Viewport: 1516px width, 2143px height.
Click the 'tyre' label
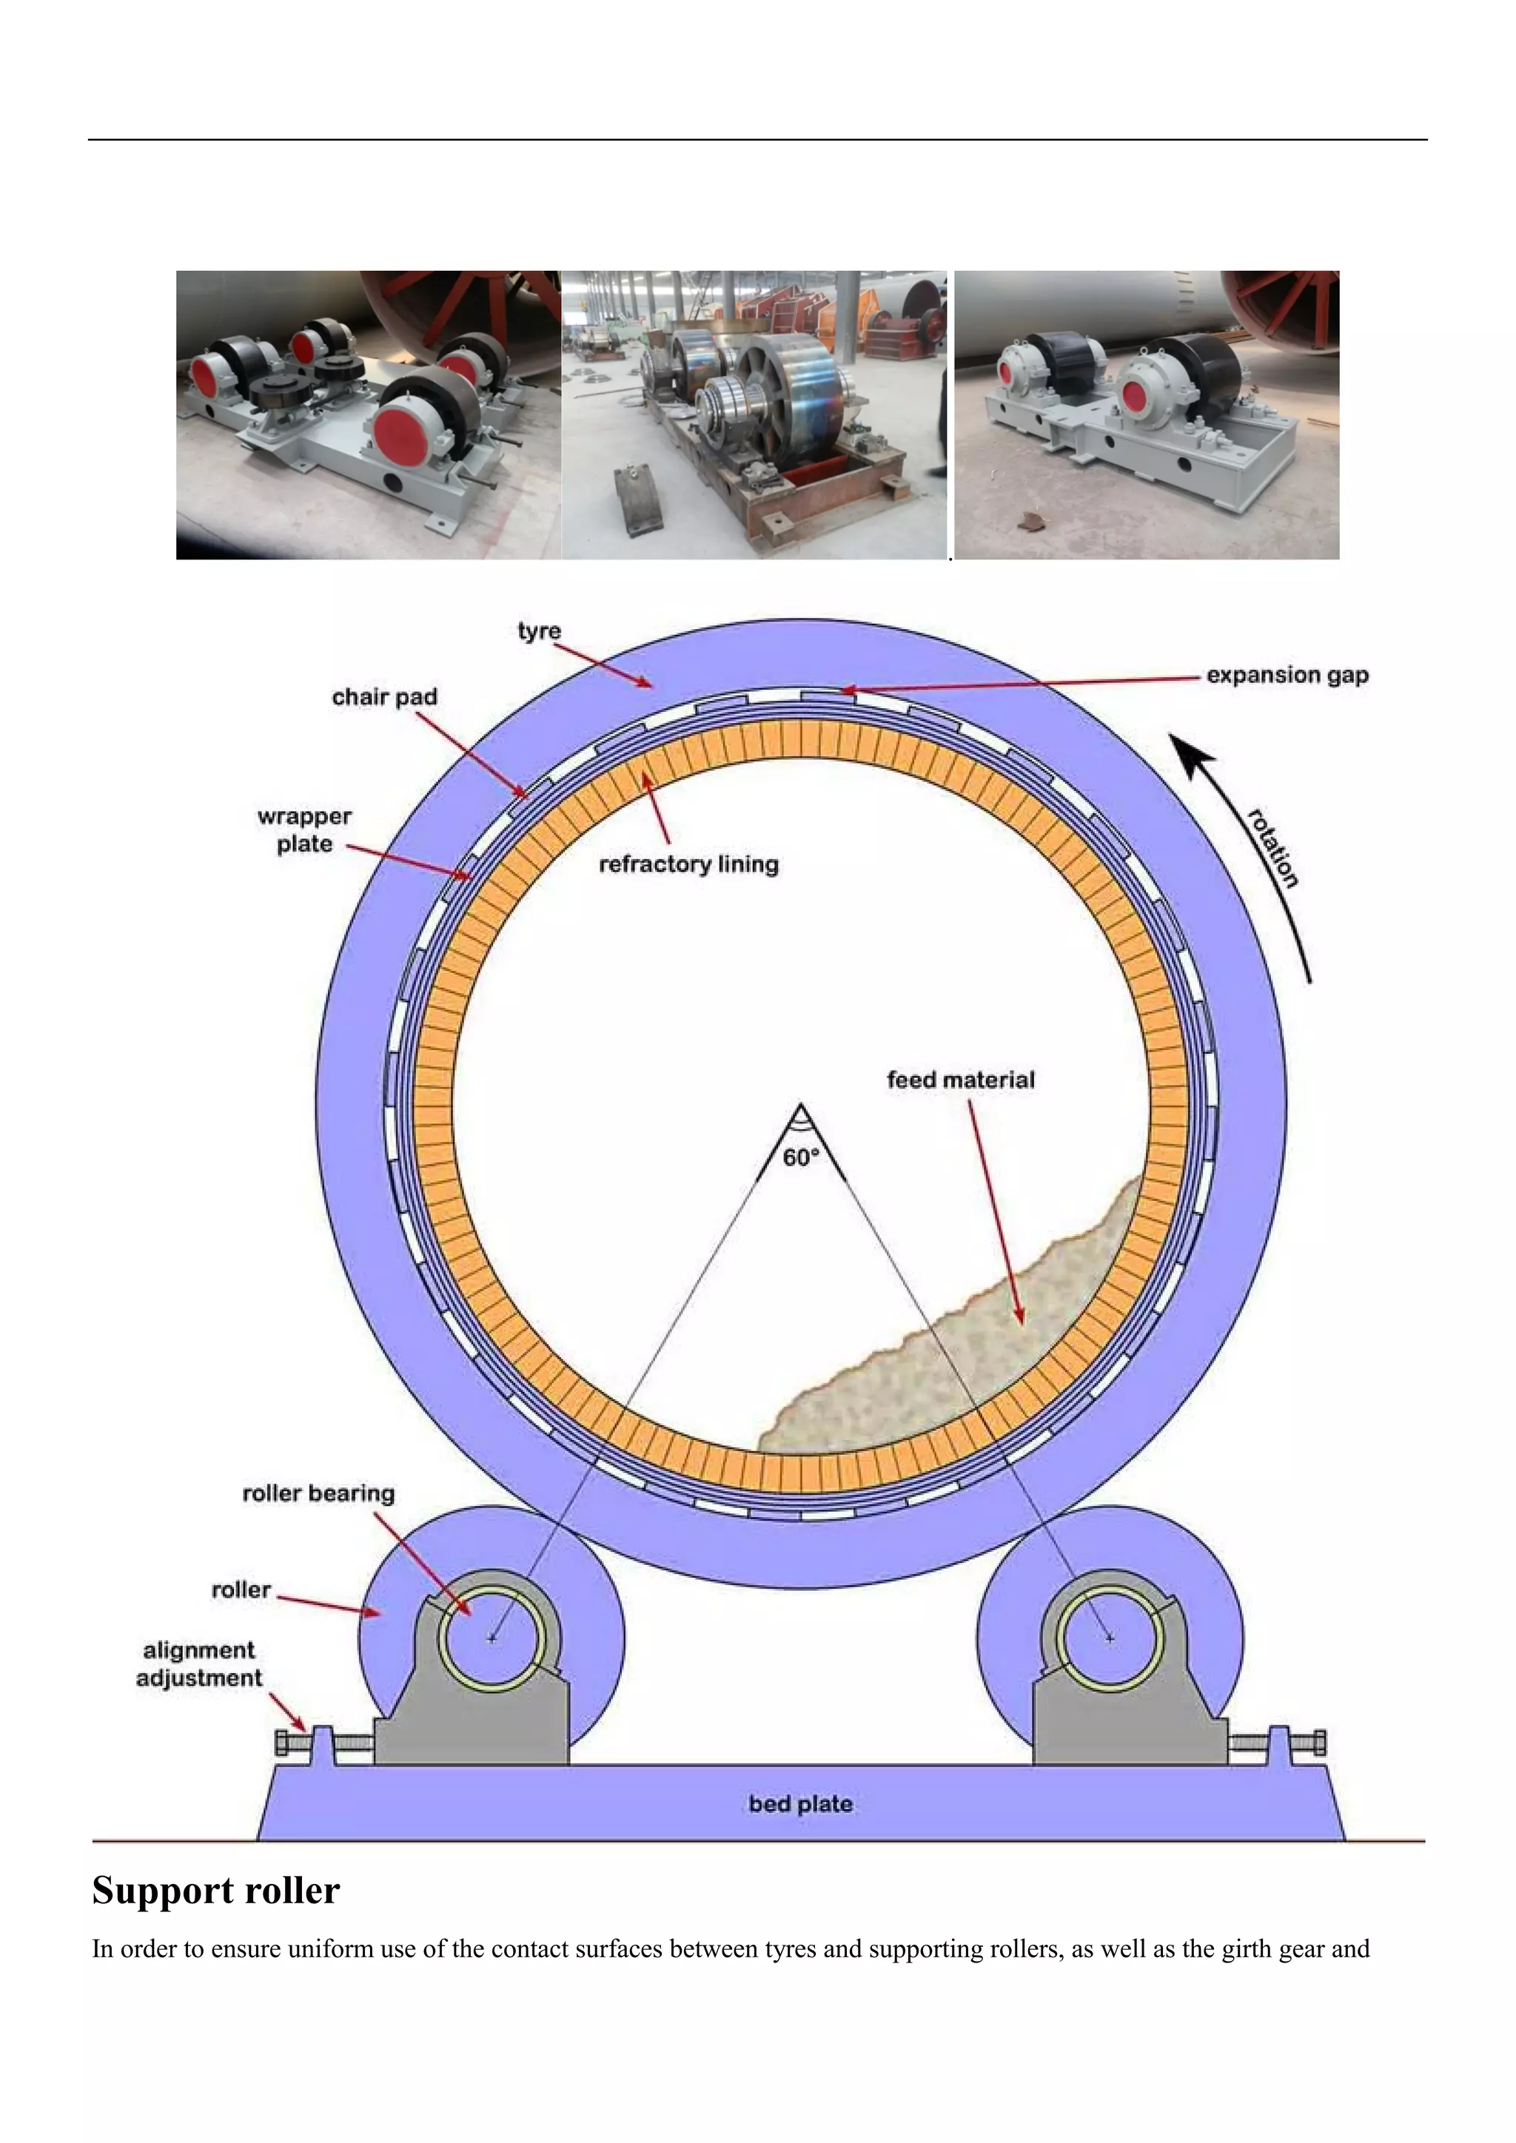pos(539,631)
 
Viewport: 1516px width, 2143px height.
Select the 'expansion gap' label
pos(1287,675)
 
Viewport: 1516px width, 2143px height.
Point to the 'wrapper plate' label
pos(304,830)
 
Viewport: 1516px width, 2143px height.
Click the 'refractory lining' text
pos(688,864)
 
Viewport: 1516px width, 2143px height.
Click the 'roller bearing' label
pos(318,1493)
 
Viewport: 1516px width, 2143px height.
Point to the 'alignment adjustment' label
pos(199,1664)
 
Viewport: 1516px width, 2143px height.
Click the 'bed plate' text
pos(800,1804)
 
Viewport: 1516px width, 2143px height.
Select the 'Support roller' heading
pos(215,1890)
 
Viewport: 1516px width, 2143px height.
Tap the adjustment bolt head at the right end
pos(1319,1743)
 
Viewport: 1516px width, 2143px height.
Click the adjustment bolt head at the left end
pos(282,1743)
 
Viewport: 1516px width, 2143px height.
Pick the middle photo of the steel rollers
pos(754,415)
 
